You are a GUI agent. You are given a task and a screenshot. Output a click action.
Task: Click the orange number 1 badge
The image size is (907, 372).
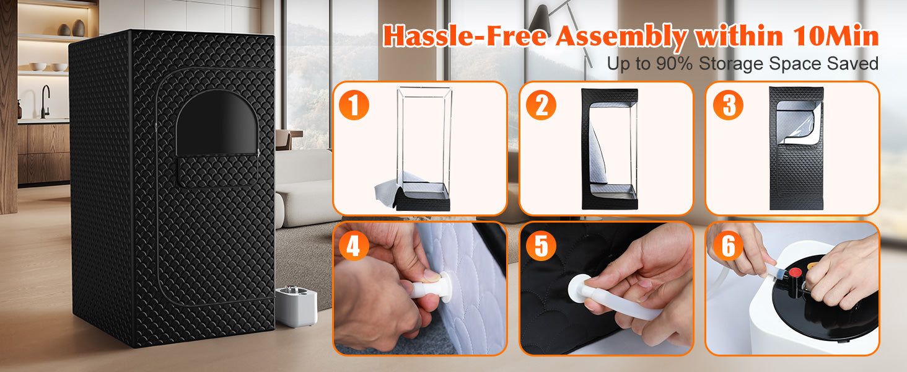point(354,105)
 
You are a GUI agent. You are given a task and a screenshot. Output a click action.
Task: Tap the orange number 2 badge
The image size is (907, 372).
point(541,105)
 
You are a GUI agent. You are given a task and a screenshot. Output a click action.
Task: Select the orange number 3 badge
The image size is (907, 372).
point(728,105)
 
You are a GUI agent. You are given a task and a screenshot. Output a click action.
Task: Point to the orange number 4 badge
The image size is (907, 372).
point(354,245)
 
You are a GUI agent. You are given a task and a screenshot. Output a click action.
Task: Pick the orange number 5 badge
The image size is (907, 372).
point(541,245)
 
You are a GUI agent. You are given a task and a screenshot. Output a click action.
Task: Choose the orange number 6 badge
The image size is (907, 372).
point(728,245)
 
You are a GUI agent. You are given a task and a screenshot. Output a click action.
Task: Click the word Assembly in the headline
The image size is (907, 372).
point(621,37)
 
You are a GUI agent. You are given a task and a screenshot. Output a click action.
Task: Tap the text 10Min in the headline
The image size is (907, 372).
point(835,36)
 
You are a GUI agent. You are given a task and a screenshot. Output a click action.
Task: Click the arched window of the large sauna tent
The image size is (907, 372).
point(217,123)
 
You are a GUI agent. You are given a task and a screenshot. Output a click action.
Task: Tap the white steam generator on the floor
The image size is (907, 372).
point(296,306)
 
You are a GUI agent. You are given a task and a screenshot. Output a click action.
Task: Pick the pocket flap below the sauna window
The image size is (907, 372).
point(217,170)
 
